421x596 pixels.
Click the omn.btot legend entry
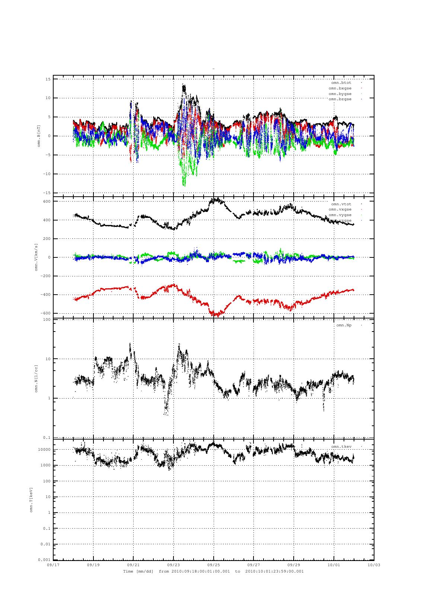point(341,83)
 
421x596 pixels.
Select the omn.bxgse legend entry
point(340,88)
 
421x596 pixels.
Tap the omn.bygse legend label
point(340,94)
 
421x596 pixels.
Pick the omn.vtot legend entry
point(341,204)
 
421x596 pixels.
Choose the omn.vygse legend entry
point(340,215)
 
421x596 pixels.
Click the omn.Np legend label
point(344,325)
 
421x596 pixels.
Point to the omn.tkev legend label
point(341,447)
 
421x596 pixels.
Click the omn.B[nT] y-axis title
point(39,136)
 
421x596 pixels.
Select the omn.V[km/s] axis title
point(36,257)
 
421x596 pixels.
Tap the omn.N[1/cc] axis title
point(36,378)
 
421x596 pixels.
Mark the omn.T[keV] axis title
point(31,500)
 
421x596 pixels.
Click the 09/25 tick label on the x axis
point(214,565)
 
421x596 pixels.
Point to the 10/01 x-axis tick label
point(334,565)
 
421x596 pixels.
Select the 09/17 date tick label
point(53,565)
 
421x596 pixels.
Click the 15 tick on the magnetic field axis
point(48,79)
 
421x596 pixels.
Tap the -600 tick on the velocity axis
point(45,313)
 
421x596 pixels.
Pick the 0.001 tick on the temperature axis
point(44,560)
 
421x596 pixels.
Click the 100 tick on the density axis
point(47,320)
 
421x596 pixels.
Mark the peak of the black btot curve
point(184,85)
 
